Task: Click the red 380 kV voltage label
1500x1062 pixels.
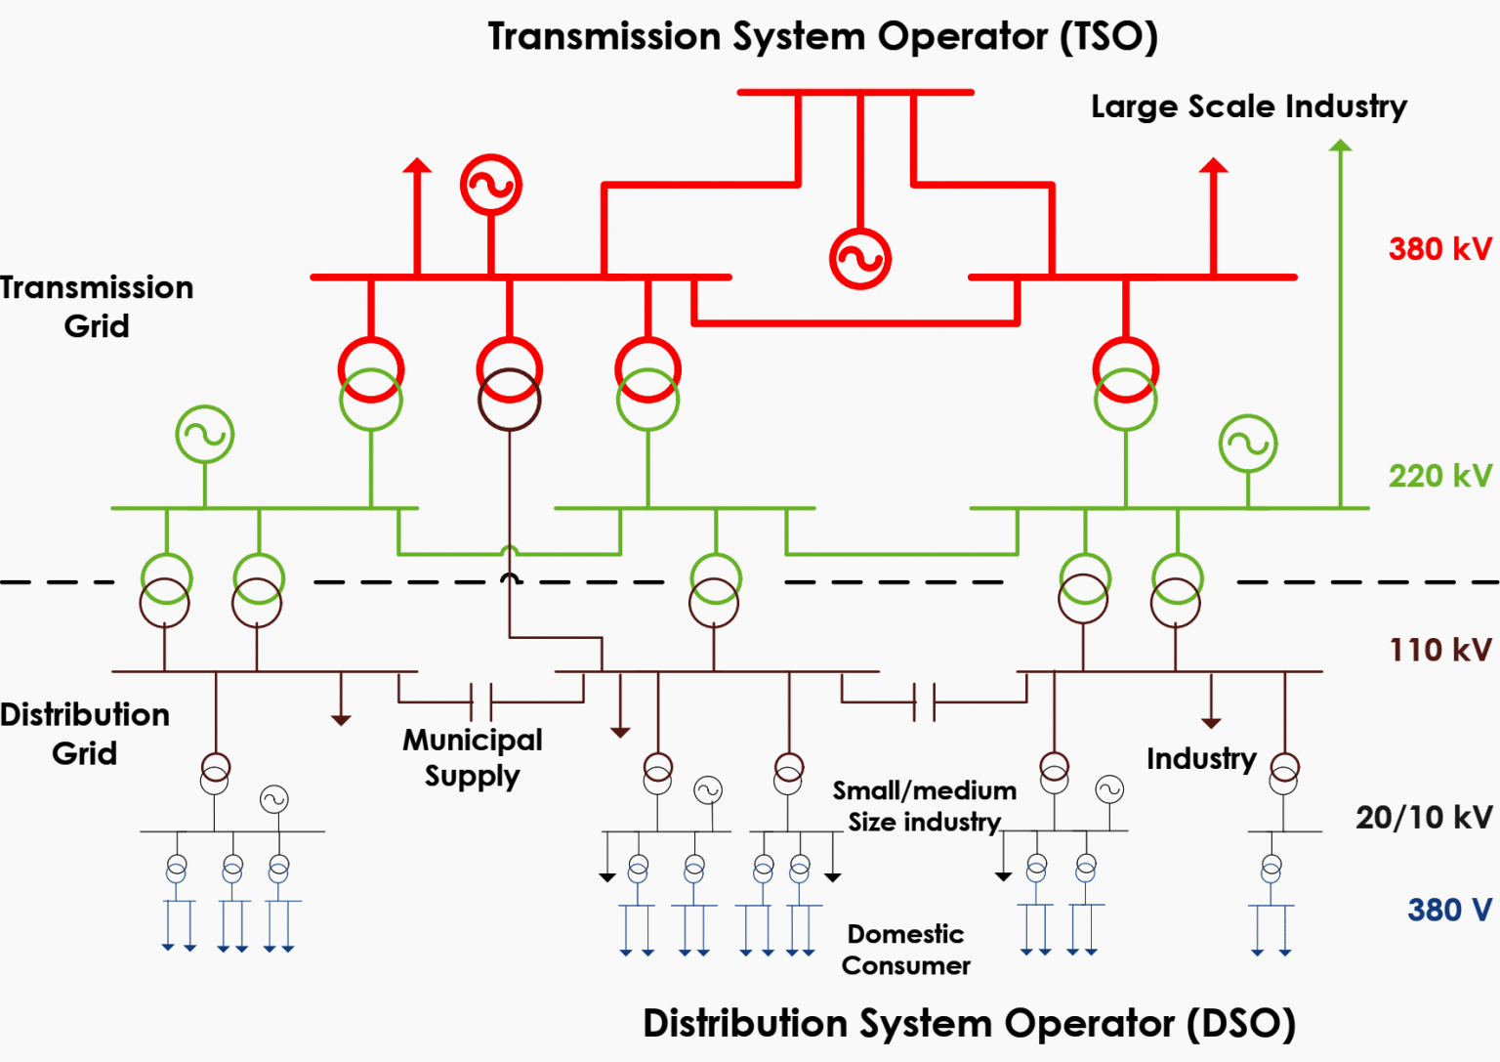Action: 1439,248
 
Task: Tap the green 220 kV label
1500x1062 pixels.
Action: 1439,476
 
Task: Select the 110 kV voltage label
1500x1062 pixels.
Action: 1440,650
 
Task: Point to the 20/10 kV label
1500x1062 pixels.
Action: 1424,818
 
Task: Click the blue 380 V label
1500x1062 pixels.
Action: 1449,910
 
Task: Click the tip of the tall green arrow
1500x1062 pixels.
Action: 1340,140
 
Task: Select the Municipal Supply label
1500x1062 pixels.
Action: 472,758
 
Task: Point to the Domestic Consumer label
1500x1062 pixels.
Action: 905,950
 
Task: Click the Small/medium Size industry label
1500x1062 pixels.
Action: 924,807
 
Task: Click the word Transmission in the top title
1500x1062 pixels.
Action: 604,36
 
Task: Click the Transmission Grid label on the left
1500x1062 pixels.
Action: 97,307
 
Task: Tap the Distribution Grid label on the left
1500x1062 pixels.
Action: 84,735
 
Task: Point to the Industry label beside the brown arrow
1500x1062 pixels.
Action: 1201,759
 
